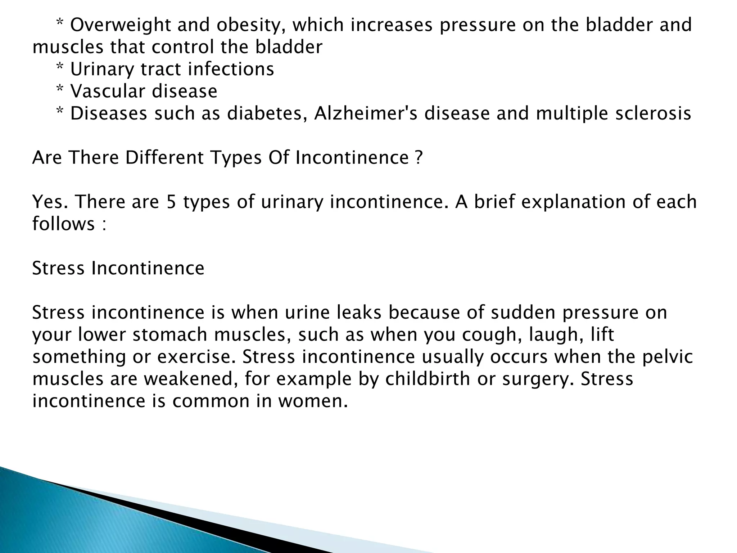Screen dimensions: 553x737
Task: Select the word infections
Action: click(x=231, y=69)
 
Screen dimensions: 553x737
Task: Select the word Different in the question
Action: click(x=164, y=158)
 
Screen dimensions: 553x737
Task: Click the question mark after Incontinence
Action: click(x=418, y=158)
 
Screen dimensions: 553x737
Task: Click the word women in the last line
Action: click(x=312, y=401)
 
